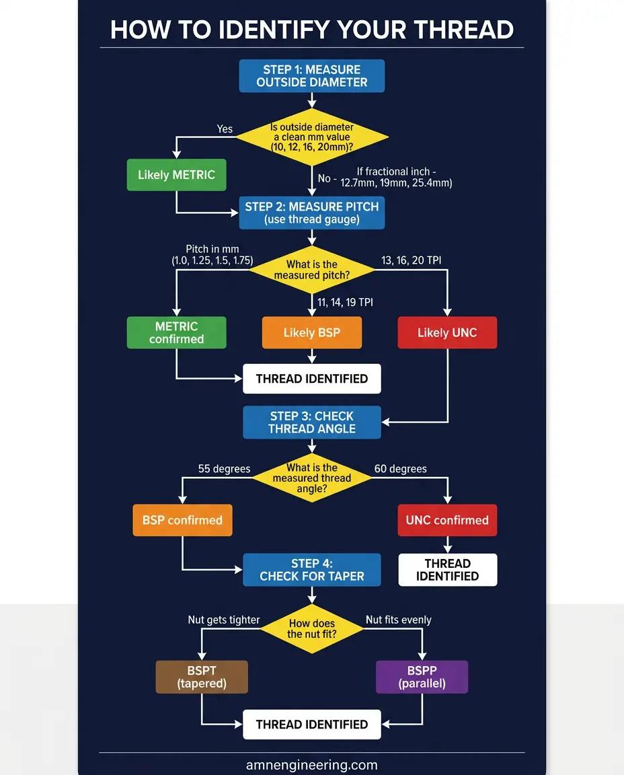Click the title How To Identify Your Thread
312,30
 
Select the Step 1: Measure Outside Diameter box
312,76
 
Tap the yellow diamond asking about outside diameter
312,137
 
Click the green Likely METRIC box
176,175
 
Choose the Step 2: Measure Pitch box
312,213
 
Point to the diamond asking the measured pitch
312,270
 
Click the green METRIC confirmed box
176,332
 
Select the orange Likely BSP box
312,332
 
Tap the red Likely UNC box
447,332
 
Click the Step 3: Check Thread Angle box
312,422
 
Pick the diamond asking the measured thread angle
312,478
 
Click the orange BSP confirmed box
182,520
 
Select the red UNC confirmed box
447,520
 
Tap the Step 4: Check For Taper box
312,570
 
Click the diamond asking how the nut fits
312,628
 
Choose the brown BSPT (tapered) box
202,677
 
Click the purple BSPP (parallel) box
422,677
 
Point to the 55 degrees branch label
224,469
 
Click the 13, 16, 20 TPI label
412,260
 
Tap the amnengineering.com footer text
312,765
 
